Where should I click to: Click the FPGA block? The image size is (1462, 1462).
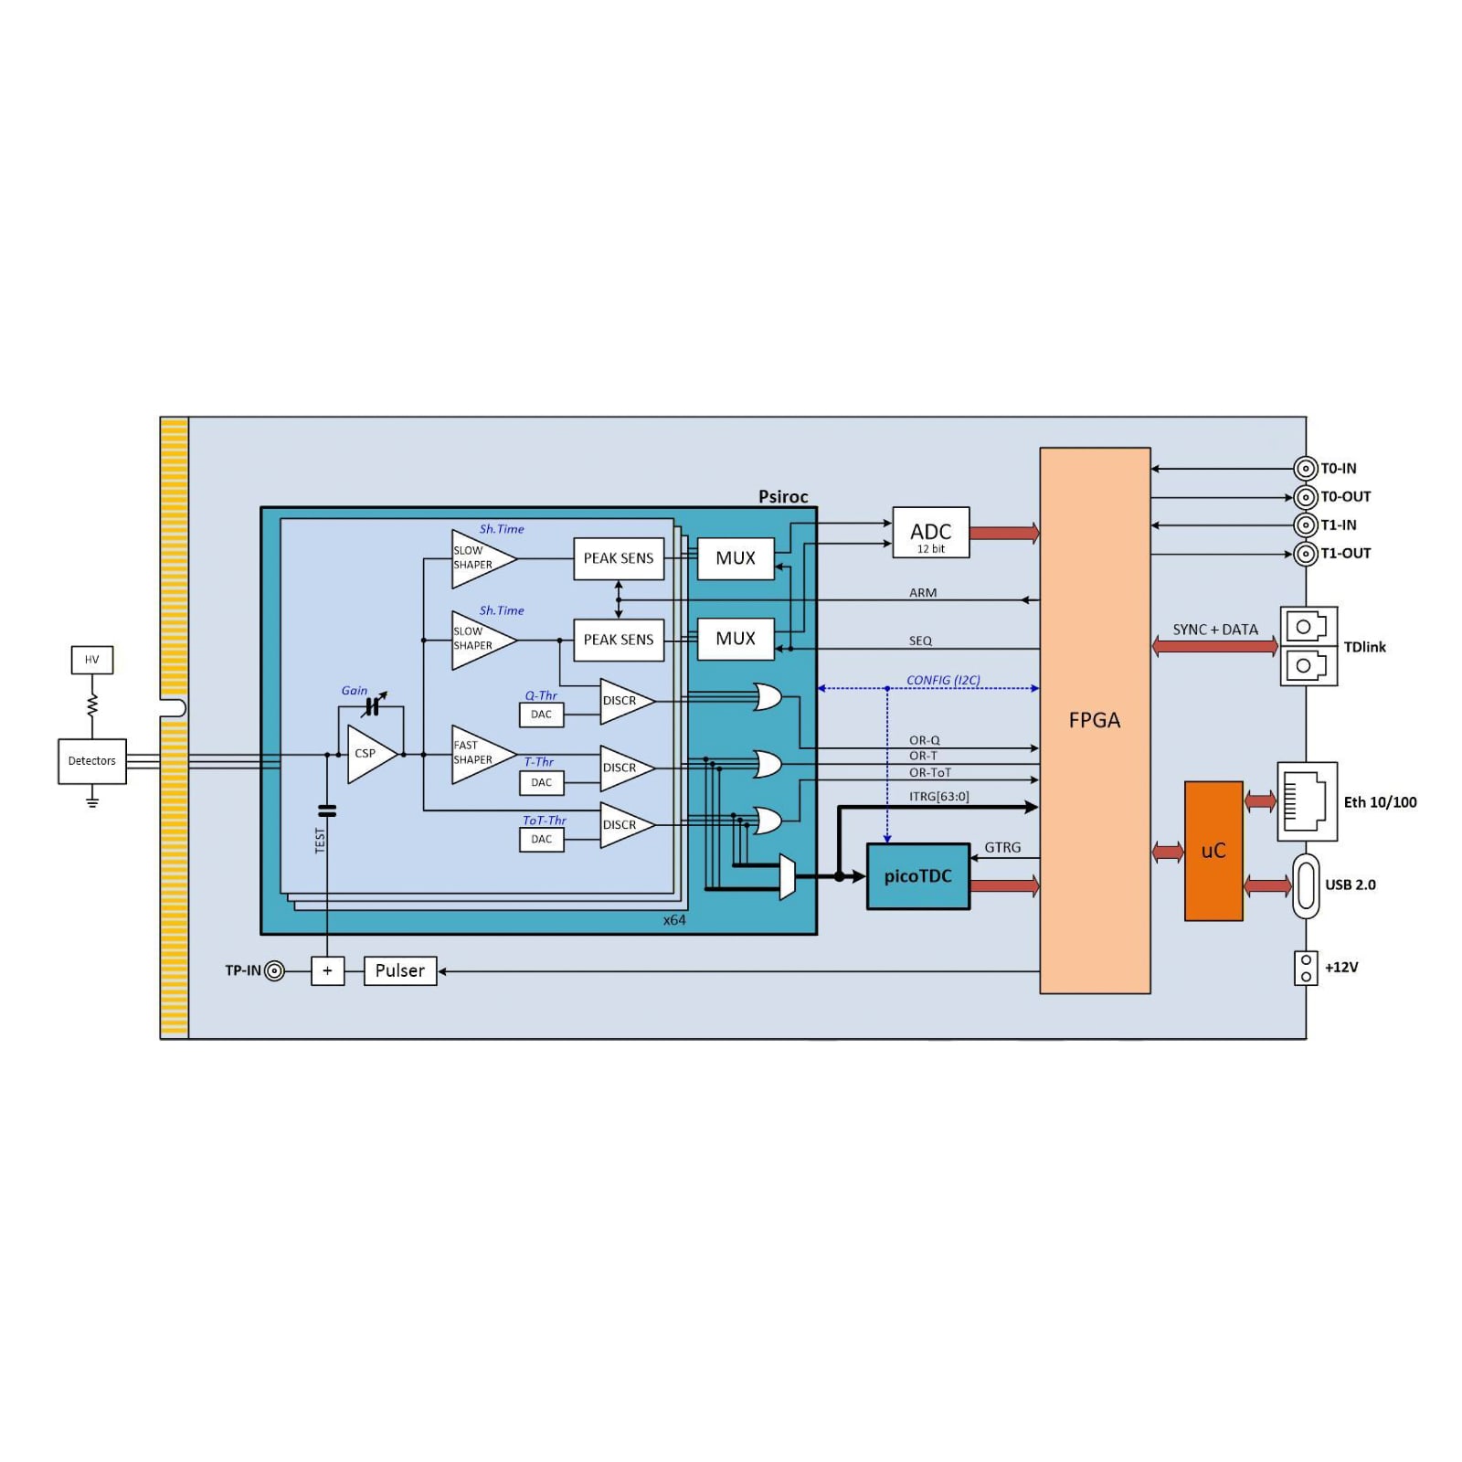coord(1095,720)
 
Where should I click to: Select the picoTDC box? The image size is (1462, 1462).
coord(917,876)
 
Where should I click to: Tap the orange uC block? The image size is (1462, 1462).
coord(1213,851)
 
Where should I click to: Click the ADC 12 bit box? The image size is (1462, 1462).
coord(930,533)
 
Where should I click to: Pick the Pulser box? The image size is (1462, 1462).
coord(399,970)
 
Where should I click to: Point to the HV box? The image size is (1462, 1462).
coord(91,660)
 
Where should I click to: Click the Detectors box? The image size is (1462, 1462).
coord(91,761)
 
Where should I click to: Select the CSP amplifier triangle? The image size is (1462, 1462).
coord(368,754)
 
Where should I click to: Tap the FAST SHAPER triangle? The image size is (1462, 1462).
coord(478,754)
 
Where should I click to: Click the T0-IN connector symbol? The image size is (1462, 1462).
coord(1305,469)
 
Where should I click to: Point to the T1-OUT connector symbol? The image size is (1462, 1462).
coord(1305,554)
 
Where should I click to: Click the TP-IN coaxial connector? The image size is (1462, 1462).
coord(274,970)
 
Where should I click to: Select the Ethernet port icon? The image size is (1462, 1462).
coord(1306,801)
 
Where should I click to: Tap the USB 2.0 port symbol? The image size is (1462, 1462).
coord(1306,885)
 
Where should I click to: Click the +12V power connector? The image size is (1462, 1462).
coord(1306,969)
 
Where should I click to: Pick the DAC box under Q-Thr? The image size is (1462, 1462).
coord(541,715)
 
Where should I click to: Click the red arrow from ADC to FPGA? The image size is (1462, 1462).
coord(1003,533)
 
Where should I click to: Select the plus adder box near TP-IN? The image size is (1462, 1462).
coord(327,970)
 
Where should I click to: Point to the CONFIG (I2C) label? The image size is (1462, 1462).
coord(943,681)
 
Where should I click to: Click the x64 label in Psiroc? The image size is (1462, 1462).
coord(674,920)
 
